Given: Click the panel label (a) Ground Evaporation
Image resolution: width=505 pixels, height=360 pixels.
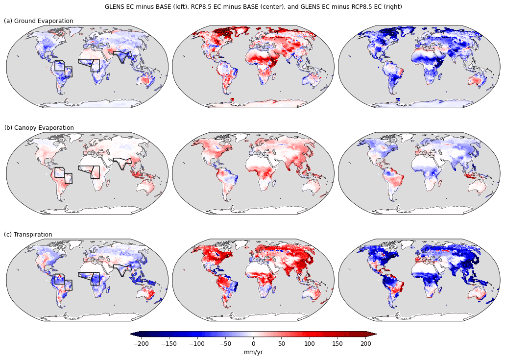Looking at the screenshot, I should [x=39, y=21].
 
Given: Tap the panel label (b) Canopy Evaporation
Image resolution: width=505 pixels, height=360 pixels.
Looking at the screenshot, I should [x=39, y=128].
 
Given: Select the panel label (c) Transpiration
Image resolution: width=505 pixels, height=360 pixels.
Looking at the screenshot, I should [x=28, y=235].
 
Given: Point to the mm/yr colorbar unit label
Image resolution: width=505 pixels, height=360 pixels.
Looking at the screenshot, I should [x=253, y=352].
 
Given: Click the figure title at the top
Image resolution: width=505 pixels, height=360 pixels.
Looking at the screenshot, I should [x=253, y=7].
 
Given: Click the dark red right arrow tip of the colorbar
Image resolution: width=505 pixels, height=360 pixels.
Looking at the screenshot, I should [x=374, y=334].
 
